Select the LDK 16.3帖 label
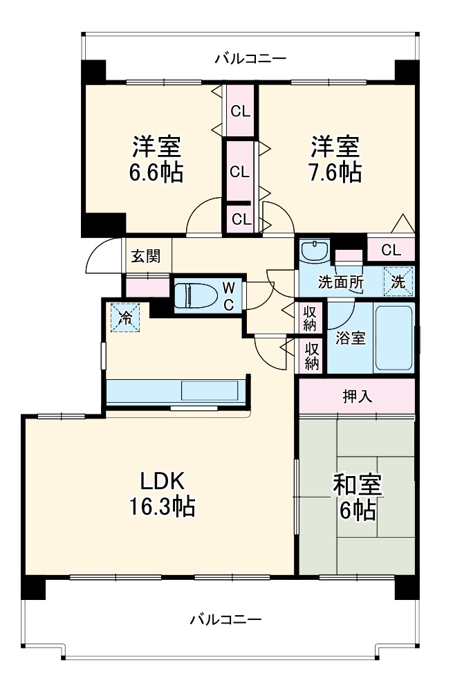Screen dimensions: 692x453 coord(160,494)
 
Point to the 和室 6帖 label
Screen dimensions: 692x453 coord(357,498)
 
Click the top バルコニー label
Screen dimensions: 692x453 coord(250,58)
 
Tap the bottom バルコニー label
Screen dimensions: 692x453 coord(226,618)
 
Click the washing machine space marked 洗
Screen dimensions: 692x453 coord(398,282)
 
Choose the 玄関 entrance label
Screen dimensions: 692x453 coord(147,256)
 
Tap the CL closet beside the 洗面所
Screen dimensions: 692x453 coord(391,249)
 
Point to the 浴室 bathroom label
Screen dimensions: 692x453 coord(349,339)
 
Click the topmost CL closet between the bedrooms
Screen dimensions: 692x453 coord(241,109)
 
